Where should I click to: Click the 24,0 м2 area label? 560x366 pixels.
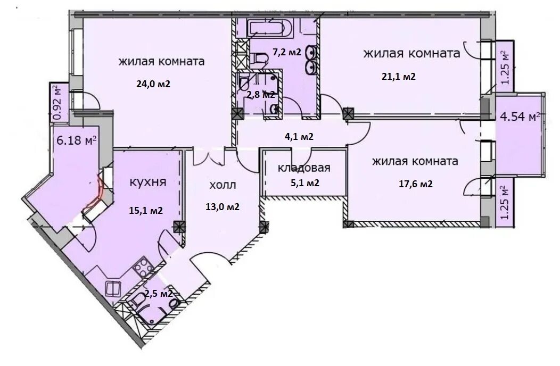tap(153, 84)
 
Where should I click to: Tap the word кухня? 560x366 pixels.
tap(147, 182)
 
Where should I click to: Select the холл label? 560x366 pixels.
tap(223, 185)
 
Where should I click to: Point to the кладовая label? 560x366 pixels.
tap(304, 168)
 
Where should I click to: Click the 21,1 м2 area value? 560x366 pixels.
tap(399, 77)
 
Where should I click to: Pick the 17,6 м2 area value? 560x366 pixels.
tap(416, 184)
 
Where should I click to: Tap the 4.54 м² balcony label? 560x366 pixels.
tap(520, 117)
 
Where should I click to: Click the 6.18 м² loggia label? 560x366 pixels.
tap(77, 140)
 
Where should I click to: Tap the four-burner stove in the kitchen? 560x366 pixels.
tap(144, 267)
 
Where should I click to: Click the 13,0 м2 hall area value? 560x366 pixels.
tap(223, 207)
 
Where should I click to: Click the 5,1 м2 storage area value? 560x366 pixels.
tap(304, 183)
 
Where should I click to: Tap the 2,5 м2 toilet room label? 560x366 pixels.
tap(159, 294)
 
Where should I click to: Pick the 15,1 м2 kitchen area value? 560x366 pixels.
tap(146, 211)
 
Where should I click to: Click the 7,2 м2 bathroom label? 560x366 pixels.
tap(287, 52)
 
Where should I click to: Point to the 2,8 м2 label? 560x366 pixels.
tap(261, 95)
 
